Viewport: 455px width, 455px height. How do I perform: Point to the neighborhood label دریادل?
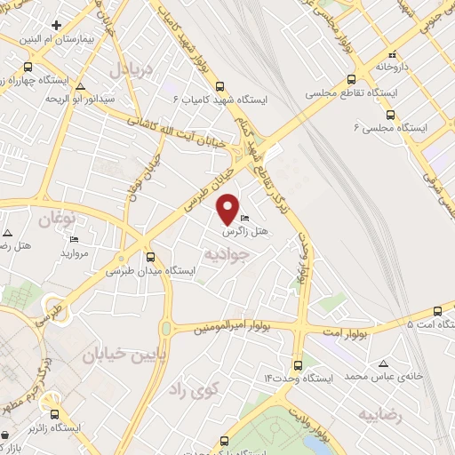pyautogui.click(x=133, y=68)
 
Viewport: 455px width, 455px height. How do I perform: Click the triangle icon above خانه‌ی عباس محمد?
pyautogui.click(x=383, y=363)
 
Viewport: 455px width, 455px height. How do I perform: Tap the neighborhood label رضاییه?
pyautogui.click(x=380, y=415)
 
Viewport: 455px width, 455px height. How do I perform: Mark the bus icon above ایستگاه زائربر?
pyautogui.click(x=54, y=413)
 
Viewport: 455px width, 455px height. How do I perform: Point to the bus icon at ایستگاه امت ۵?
pyautogui.click(x=436, y=311)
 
